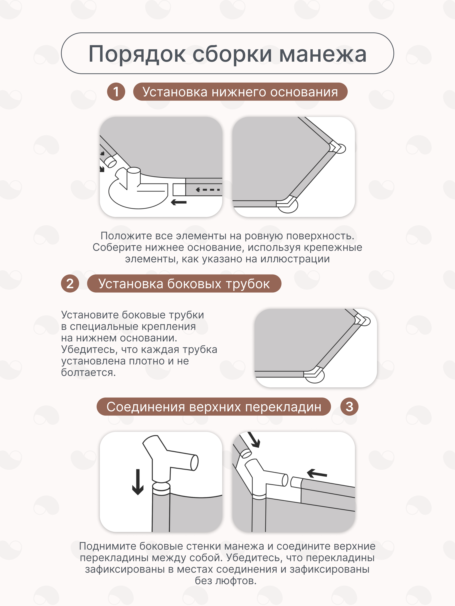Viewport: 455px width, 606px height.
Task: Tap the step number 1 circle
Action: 116,92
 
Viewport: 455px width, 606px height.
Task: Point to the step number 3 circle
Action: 349,407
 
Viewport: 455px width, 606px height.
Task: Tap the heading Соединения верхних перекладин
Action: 214,407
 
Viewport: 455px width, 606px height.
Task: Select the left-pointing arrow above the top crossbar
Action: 317,473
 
